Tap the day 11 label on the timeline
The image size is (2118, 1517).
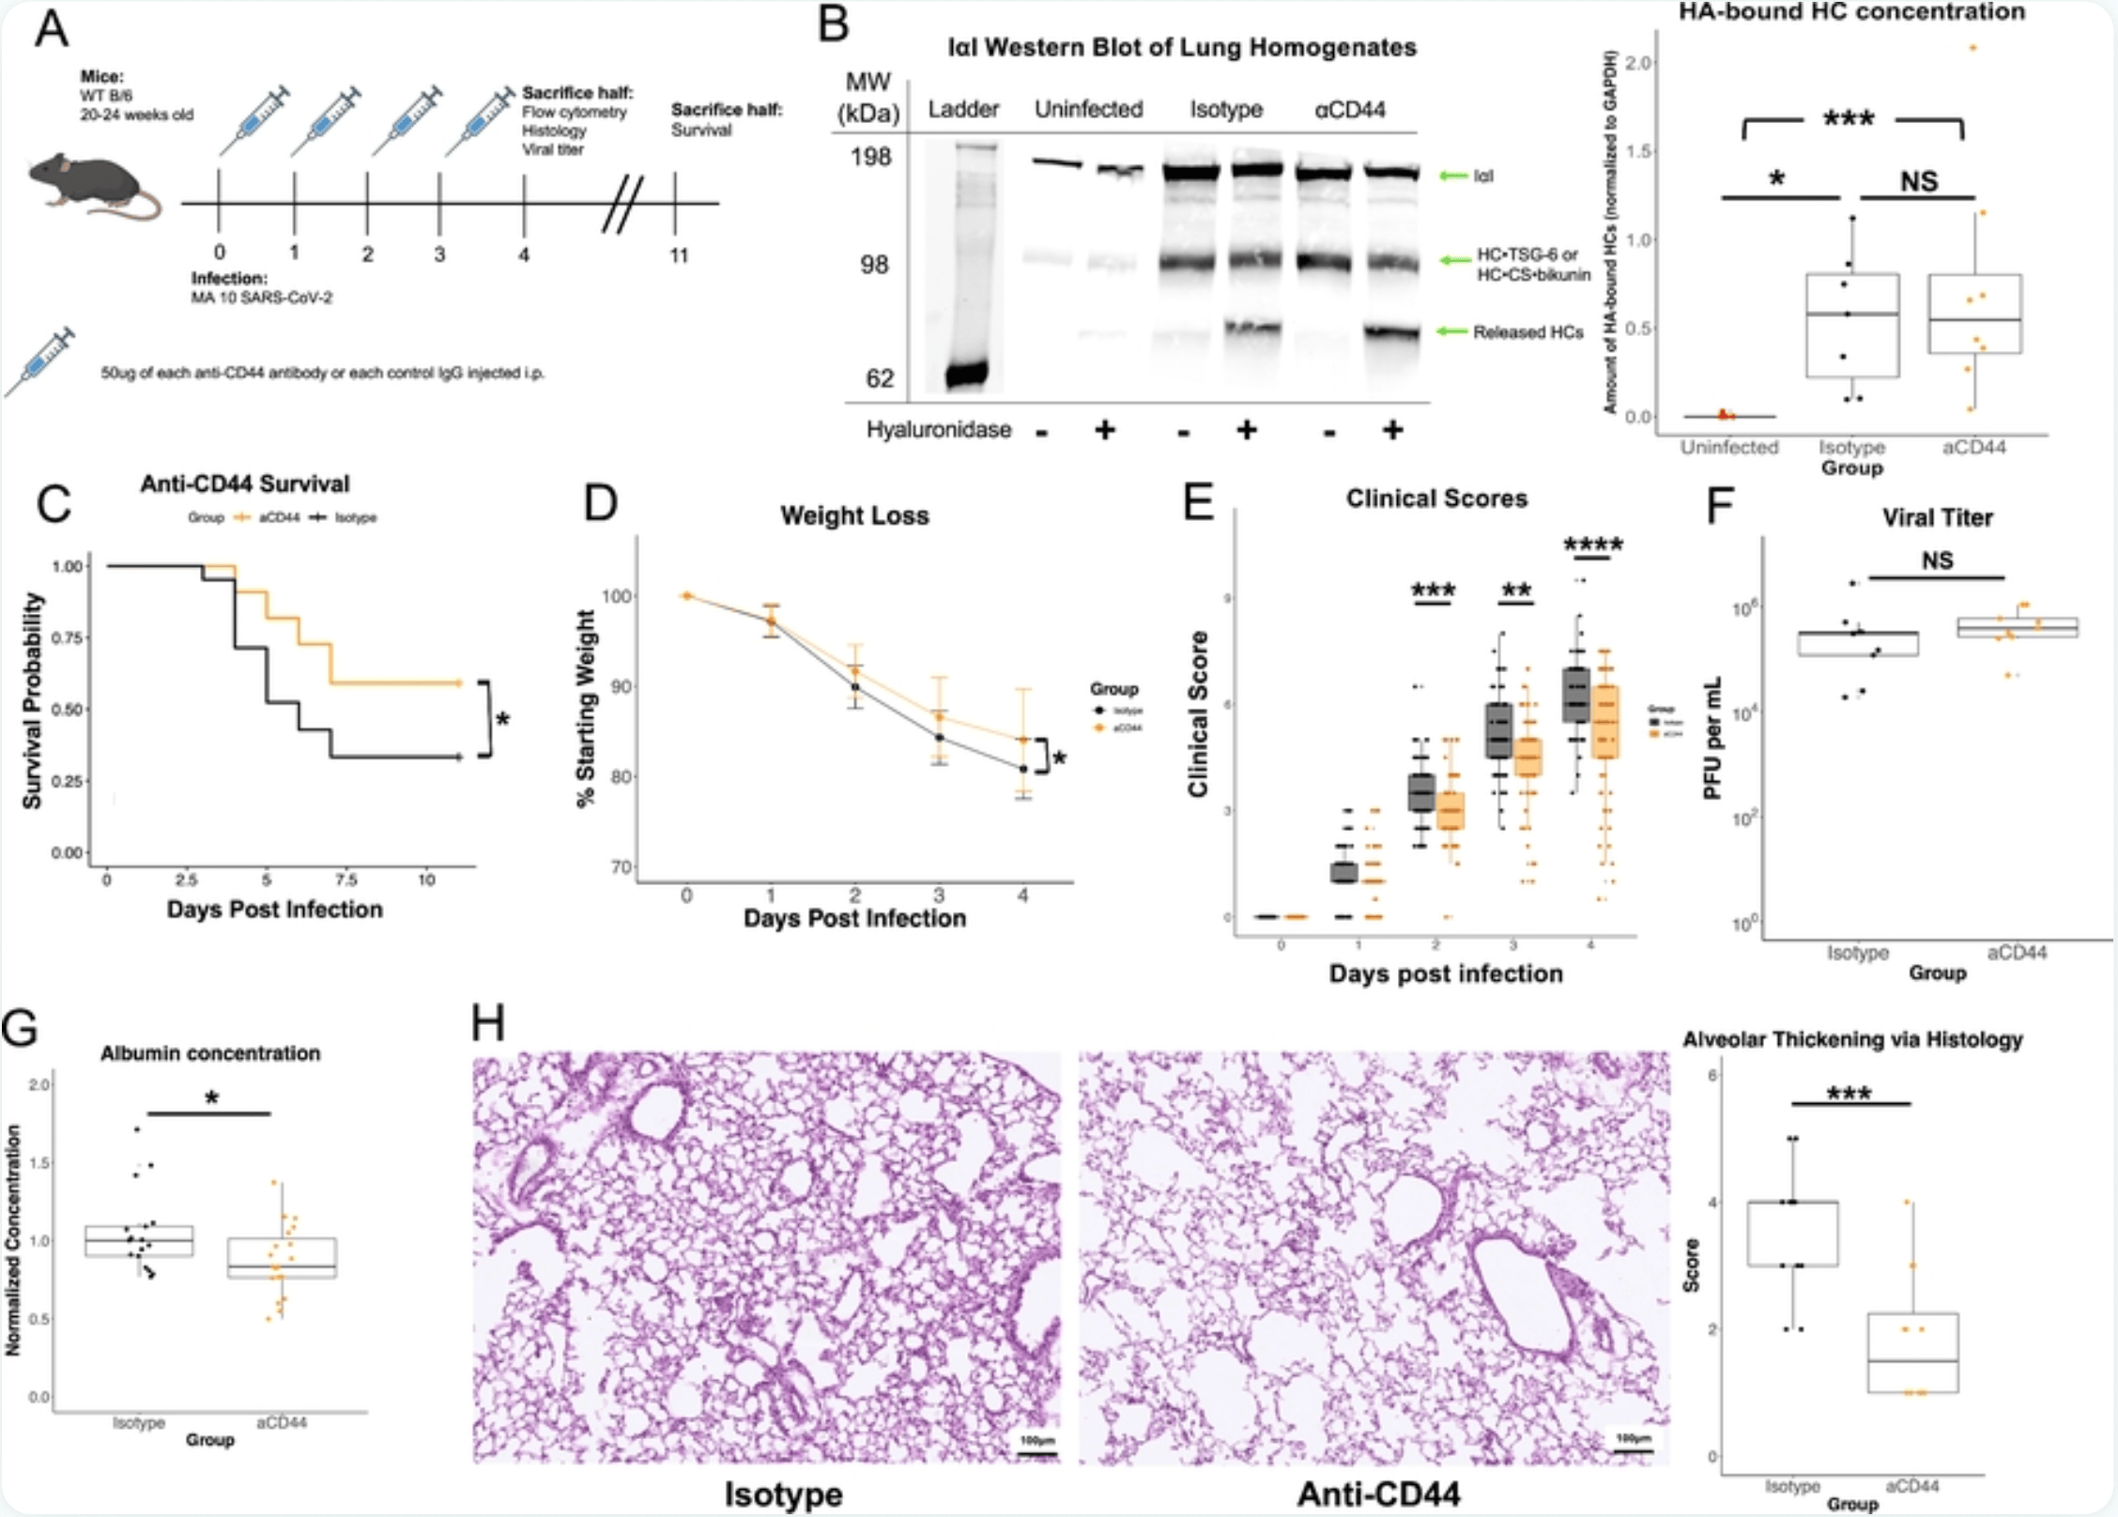pyautogui.click(x=678, y=254)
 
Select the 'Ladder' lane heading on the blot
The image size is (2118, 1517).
pyautogui.click(x=963, y=110)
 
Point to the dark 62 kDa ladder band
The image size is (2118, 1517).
pyautogui.click(x=966, y=375)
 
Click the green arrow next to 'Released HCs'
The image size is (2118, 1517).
pyautogui.click(x=1452, y=331)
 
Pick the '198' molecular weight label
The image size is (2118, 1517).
pyautogui.click(x=870, y=157)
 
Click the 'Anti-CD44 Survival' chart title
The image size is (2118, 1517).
pyautogui.click(x=244, y=483)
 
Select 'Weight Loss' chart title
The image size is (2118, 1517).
pyautogui.click(x=854, y=515)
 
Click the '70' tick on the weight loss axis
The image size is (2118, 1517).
pyautogui.click(x=621, y=866)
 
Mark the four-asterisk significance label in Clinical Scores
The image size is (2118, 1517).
pyautogui.click(x=1593, y=544)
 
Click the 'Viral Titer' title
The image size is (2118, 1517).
pyautogui.click(x=1937, y=517)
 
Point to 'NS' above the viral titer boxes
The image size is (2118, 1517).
pyautogui.click(x=1937, y=560)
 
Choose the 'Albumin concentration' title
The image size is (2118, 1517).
pyautogui.click(x=210, y=1053)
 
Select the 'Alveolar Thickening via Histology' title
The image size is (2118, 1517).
pyautogui.click(x=1852, y=1039)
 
